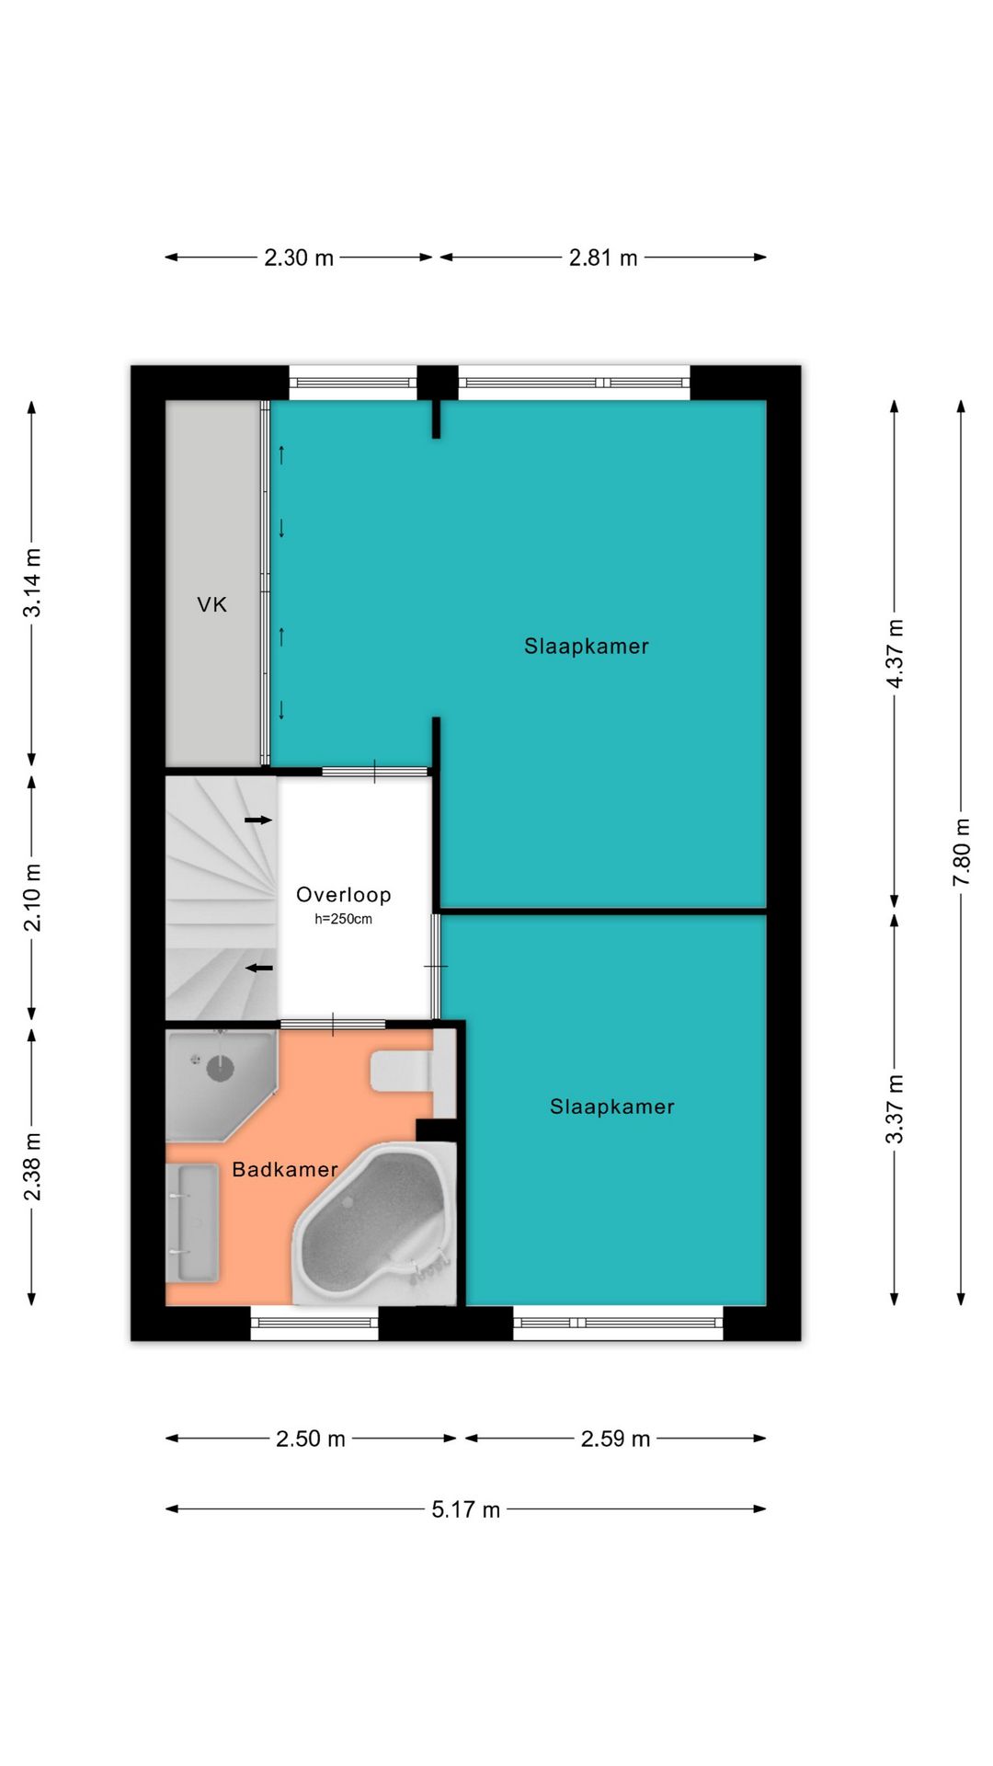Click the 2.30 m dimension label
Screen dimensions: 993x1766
[x=299, y=258]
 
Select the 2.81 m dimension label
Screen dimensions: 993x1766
[x=603, y=258]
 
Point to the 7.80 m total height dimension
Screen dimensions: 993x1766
[x=961, y=853]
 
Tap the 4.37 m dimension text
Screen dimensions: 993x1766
[x=895, y=653]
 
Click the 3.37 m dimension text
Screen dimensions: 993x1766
[x=895, y=1108]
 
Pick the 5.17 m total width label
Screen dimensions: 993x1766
[x=466, y=1509]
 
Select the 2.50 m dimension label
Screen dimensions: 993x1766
[x=311, y=1439]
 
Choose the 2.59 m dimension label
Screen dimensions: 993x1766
[x=615, y=1439]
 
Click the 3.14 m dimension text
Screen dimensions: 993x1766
[x=32, y=583]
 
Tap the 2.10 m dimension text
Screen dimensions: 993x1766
[x=32, y=898]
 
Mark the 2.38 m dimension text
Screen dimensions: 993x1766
[x=32, y=1166]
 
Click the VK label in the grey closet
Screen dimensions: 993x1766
[x=212, y=605]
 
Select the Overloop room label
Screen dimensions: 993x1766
[x=344, y=895]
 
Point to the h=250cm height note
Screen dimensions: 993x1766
[x=344, y=919]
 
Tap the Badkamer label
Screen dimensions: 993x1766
[x=285, y=1170]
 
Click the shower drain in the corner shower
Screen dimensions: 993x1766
[x=221, y=1069]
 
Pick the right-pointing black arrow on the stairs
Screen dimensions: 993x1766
[x=258, y=820]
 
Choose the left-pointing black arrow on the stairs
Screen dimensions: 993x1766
[x=258, y=968]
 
